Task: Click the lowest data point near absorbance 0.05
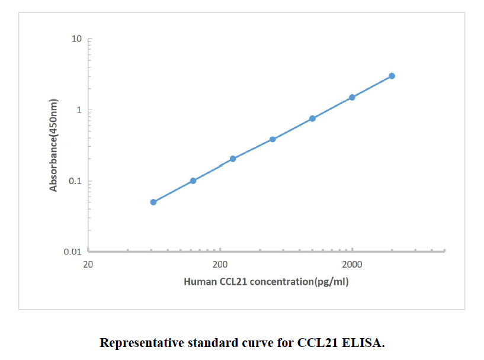tap(153, 202)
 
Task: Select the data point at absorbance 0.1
tap(193, 181)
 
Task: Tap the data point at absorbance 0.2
tap(233, 159)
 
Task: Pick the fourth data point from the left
tap(273, 139)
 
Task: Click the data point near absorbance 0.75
tap(312, 118)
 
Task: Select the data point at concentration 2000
tap(352, 97)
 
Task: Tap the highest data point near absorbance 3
tap(392, 76)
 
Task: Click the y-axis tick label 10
tap(76, 39)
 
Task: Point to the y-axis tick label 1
tap(79, 110)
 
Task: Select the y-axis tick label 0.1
tap(75, 181)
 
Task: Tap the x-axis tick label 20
tap(88, 264)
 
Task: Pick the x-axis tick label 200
tap(220, 264)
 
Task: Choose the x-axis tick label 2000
tap(352, 264)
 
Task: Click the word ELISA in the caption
tap(367, 343)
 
